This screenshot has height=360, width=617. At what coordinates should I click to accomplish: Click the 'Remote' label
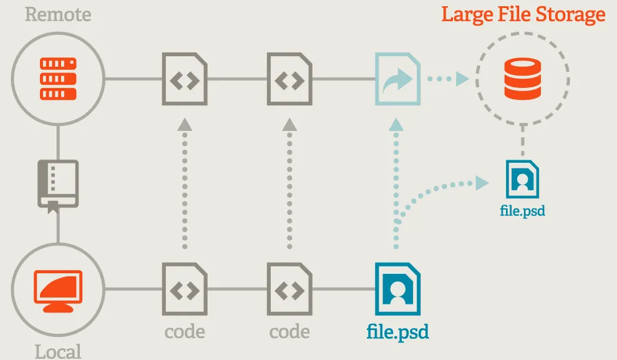point(57,14)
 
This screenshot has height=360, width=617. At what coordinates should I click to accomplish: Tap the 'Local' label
point(57,351)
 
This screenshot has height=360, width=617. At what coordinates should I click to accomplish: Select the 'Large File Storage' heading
point(523,14)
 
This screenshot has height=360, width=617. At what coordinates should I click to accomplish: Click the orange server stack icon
point(57,79)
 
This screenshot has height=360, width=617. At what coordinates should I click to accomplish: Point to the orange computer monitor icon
point(57,291)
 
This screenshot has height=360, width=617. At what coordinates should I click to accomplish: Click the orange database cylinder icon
point(523,78)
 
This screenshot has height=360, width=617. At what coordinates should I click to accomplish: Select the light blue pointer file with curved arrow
point(397,79)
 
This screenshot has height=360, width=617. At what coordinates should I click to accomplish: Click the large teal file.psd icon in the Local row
point(397,289)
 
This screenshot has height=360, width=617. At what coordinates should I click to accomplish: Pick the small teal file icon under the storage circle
point(523,179)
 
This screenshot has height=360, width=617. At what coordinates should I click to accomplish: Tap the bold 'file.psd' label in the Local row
point(397,331)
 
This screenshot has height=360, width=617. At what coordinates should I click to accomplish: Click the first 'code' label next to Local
point(185,331)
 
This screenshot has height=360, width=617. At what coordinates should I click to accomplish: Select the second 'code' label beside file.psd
point(289,331)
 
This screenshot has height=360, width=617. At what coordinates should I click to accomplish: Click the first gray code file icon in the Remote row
point(185,79)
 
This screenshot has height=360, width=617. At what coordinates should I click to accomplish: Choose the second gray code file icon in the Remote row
point(289,79)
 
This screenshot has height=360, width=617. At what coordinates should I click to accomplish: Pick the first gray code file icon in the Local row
point(185,289)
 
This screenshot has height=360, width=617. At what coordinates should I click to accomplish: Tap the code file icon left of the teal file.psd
point(289,289)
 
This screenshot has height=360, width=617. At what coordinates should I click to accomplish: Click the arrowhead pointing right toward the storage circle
point(462,79)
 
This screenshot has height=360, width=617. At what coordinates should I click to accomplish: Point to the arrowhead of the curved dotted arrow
point(481,182)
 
